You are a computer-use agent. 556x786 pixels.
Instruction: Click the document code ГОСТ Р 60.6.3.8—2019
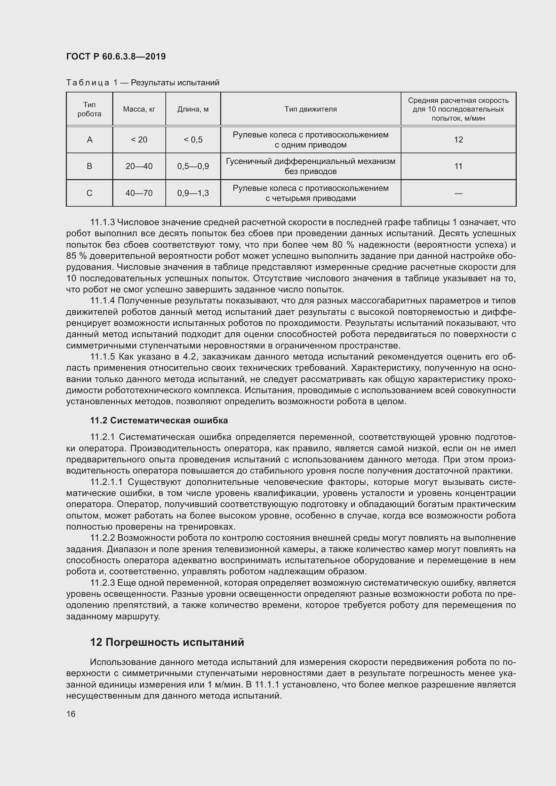(x=116, y=56)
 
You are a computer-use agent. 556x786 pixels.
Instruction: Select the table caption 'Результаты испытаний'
(x=174, y=83)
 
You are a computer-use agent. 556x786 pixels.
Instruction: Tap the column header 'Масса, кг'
(x=139, y=109)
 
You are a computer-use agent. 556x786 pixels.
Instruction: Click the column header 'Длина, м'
(x=193, y=109)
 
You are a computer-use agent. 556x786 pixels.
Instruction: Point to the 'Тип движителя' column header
(x=311, y=109)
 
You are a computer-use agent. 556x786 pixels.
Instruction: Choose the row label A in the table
(x=89, y=140)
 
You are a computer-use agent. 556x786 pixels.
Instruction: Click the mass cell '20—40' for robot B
(x=139, y=166)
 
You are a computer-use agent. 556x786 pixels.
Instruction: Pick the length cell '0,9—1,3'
(x=193, y=193)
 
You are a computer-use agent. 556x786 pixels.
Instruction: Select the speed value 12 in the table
(x=458, y=140)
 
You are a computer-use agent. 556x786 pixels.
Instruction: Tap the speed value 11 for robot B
(x=458, y=166)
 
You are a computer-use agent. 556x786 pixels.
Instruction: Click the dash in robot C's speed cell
(x=458, y=194)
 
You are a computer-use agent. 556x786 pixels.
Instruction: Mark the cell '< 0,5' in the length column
(x=193, y=140)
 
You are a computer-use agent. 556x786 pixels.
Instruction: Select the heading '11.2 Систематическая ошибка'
(x=159, y=420)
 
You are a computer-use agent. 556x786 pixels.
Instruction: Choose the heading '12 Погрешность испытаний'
(x=167, y=642)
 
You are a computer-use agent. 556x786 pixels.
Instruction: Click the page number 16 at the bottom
(x=71, y=714)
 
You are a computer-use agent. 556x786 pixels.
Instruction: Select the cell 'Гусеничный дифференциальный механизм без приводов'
(x=311, y=166)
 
